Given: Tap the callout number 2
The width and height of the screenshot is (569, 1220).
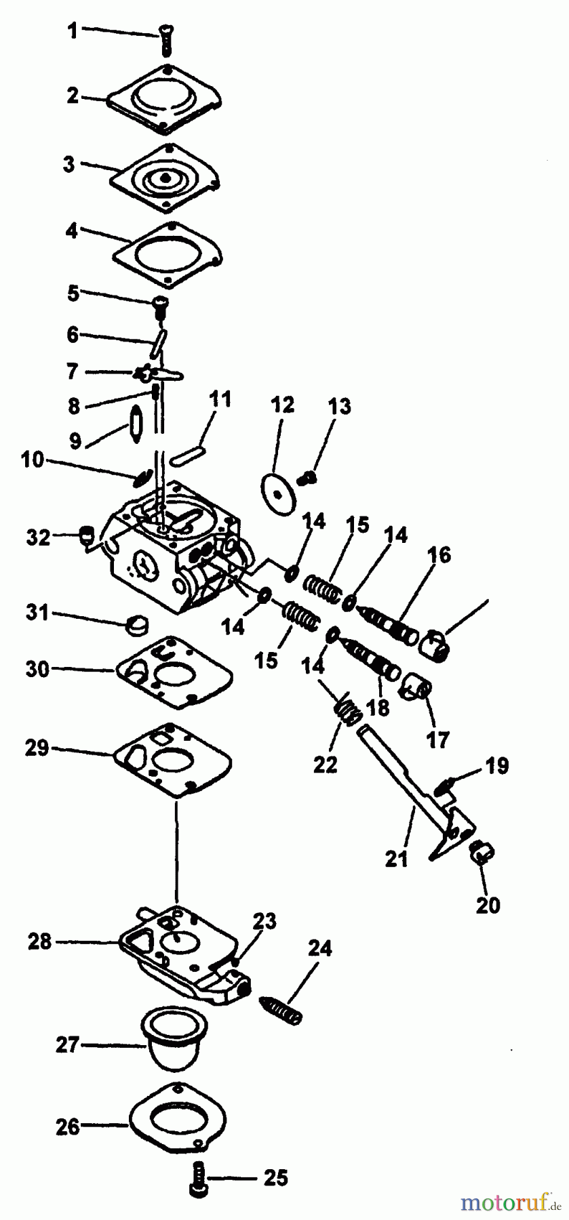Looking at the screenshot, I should pyautogui.click(x=73, y=96).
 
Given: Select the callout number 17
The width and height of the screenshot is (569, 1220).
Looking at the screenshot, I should pyautogui.click(x=439, y=739).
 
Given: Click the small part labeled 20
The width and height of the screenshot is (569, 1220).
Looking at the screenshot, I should pyautogui.click(x=481, y=852).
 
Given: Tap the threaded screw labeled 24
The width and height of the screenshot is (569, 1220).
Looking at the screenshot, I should pyautogui.click(x=280, y=1009).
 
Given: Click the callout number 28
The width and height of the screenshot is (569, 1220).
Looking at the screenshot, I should pyautogui.click(x=40, y=941).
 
